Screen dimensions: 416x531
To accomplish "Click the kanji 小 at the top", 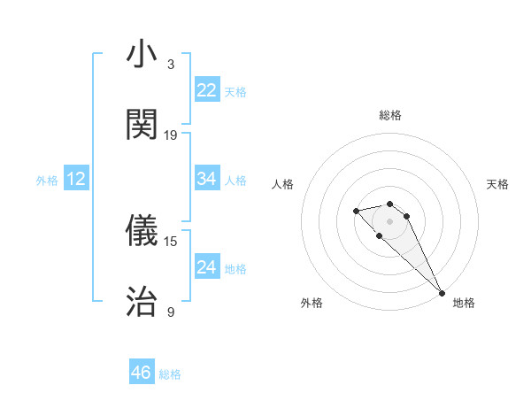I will [x=142, y=55].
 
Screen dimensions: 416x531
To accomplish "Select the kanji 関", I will [x=142, y=125].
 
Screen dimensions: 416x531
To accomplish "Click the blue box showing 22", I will [x=207, y=90].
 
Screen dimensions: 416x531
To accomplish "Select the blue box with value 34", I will [x=207, y=179].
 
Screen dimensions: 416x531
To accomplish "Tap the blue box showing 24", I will [x=207, y=267].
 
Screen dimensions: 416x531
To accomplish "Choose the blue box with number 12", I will [x=76, y=179].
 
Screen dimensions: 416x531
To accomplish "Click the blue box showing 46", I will [x=142, y=373].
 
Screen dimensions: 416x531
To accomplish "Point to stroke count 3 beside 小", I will [x=171, y=65].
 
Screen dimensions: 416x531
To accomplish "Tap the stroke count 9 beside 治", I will [x=171, y=312].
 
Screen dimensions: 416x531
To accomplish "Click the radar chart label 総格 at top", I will [x=390, y=115].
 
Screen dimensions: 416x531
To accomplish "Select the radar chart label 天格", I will [x=498, y=184].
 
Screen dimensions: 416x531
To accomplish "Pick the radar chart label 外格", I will [x=312, y=303].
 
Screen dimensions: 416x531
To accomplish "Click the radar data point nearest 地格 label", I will [x=442, y=293].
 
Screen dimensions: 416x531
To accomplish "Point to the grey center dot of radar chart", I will [x=390, y=220].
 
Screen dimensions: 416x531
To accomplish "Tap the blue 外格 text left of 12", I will [x=47, y=181].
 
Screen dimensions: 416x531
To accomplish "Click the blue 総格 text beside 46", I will [x=170, y=374].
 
